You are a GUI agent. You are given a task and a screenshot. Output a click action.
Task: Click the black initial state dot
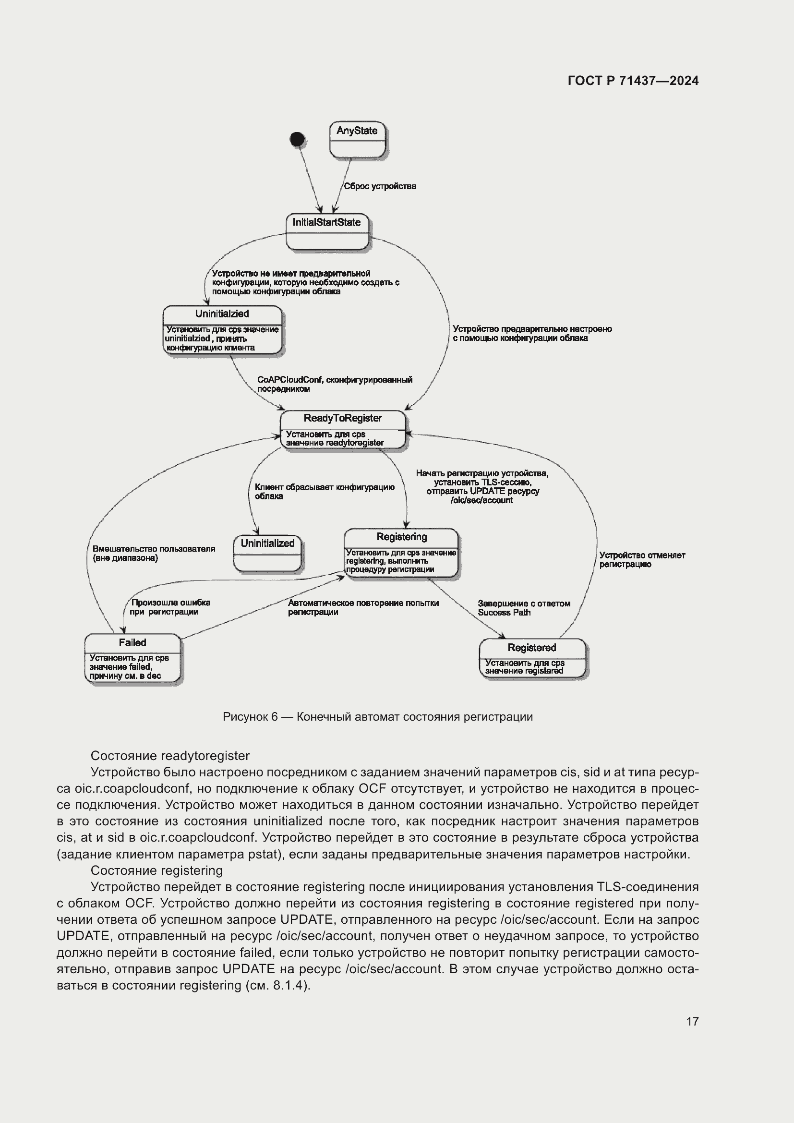click(297, 139)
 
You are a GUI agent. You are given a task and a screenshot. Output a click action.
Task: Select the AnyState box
click(358, 140)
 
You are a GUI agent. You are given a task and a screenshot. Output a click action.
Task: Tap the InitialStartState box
click(326, 232)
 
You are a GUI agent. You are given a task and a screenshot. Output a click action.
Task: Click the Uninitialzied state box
click(222, 330)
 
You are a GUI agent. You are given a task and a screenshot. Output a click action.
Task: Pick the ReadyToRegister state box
click(343, 429)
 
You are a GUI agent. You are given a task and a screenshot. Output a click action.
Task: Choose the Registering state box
click(401, 553)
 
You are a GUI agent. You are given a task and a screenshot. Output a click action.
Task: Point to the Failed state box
click(132, 658)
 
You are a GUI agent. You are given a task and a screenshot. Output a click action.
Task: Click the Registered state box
click(532, 658)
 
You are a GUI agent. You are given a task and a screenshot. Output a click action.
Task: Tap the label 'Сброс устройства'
click(380, 186)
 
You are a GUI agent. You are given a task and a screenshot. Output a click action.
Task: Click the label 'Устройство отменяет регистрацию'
click(642, 559)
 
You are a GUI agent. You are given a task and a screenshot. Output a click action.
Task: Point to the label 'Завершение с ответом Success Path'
click(524, 608)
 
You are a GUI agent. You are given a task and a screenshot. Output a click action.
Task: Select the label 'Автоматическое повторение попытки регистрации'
click(363, 607)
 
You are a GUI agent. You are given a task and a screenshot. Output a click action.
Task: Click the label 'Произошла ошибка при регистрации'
click(170, 607)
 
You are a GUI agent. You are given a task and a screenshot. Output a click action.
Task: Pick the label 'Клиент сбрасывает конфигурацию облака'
click(324, 492)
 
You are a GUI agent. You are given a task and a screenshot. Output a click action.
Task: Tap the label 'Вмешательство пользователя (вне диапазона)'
click(154, 553)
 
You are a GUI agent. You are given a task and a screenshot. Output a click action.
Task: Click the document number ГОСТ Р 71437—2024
click(633, 81)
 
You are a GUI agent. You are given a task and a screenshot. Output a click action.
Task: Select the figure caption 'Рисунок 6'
click(377, 716)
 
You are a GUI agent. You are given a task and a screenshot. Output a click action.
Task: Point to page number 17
click(692, 1021)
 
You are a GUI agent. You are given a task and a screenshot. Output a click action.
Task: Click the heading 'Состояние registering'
click(156, 870)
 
